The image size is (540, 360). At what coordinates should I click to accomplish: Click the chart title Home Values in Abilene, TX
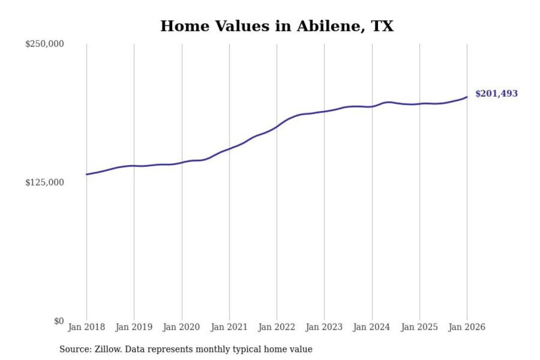(277, 26)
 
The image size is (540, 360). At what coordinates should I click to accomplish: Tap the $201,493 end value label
(496, 93)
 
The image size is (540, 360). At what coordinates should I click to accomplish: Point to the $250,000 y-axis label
(45, 44)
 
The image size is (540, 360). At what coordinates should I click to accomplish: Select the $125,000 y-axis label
(45, 183)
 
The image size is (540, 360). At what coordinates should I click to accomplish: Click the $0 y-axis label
(59, 321)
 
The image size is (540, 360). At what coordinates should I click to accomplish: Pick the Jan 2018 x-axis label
(86, 327)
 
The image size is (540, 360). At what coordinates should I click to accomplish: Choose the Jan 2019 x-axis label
(134, 327)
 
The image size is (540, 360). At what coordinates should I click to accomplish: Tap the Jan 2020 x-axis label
(181, 327)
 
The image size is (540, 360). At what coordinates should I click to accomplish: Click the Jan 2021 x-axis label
(229, 327)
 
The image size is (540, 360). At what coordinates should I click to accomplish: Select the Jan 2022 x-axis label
(277, 327)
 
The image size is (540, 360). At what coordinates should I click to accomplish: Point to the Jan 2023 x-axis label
(324, 327)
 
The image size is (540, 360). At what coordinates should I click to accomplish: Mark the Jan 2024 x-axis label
(372, 327)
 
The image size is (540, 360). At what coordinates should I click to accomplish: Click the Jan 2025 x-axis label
(419, 327)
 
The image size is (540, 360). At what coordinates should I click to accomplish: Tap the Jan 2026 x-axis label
(467, 327)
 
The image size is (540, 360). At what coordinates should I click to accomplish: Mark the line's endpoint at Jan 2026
(467, 97)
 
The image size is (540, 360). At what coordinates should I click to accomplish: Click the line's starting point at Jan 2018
(87, 174)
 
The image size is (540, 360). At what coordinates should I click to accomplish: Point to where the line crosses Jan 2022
(277, 127)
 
